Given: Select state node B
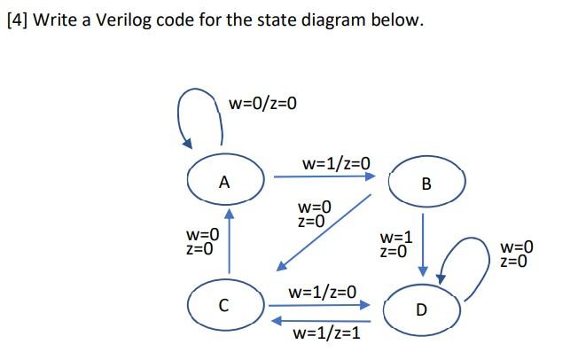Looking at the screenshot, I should coord(426,183).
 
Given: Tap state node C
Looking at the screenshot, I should coord(224,306).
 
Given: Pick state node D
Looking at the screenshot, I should coord(421,309).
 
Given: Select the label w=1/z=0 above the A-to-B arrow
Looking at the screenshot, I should coord(335,163).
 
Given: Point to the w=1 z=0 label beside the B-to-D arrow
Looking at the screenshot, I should coord(395,245).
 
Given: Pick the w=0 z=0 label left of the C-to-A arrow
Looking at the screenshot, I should coord(201,241).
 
